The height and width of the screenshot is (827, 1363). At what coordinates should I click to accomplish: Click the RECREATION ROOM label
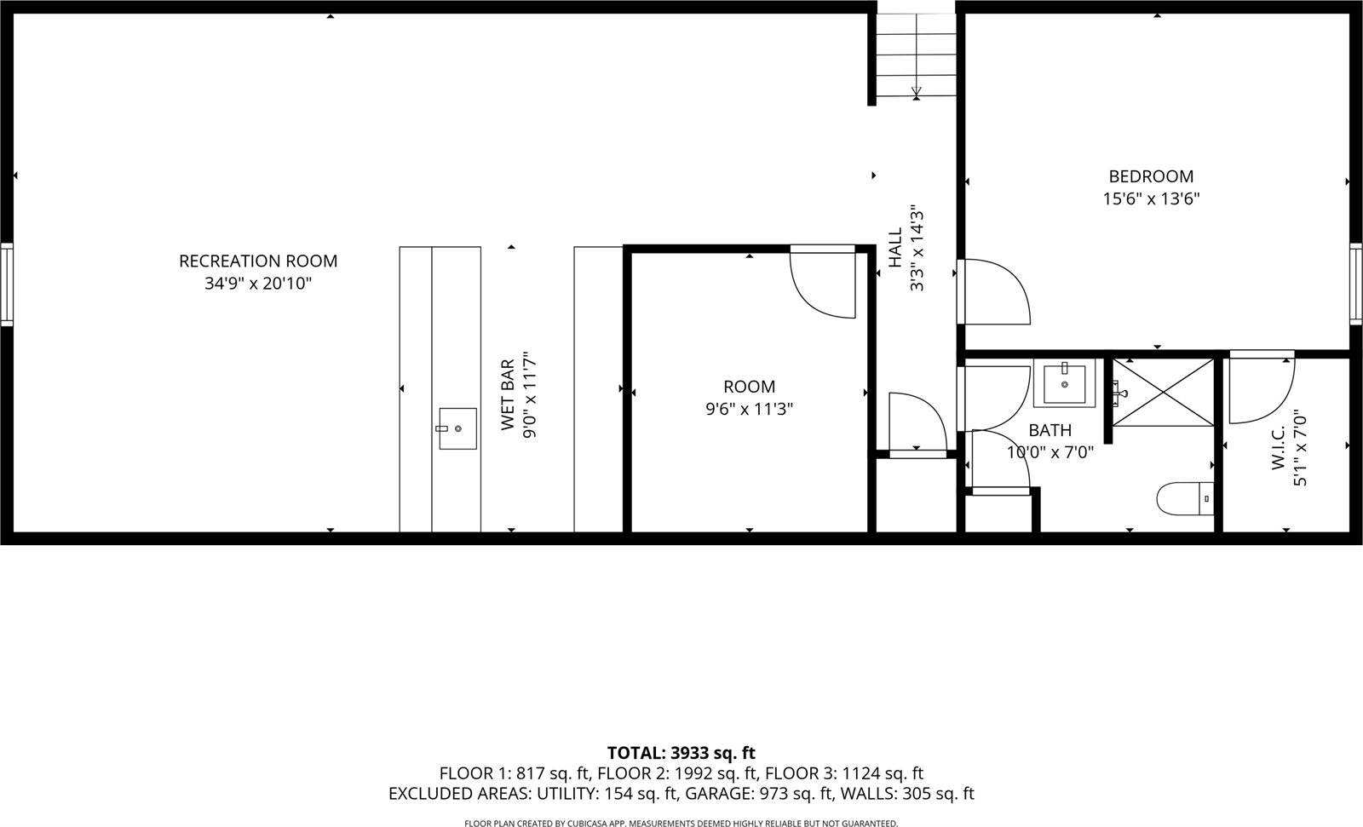pos(257,261)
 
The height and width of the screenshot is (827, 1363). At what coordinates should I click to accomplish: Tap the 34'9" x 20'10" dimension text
pos(257,284)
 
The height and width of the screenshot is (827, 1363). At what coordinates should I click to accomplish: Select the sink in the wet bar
pos(457,428)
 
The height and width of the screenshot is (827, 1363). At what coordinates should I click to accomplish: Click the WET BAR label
pos(508,395)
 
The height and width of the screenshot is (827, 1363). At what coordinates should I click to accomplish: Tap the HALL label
pos(895,248)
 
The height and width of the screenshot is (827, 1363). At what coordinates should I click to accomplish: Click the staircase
pos(916,55)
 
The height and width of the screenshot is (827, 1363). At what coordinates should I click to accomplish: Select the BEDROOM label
pos(1150,176)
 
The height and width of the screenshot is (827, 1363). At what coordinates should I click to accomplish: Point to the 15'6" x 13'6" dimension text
pos(1150,198)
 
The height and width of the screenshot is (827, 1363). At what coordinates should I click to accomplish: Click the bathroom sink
pos(1064,384)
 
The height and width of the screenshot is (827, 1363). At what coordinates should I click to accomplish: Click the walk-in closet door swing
pos(1262,388)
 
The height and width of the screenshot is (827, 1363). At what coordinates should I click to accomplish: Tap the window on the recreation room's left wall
pos(7,284)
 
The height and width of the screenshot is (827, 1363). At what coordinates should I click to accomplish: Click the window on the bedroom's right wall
pos(1355,284)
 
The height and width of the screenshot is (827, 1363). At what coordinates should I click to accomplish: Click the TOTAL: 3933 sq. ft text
pos(681,753)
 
